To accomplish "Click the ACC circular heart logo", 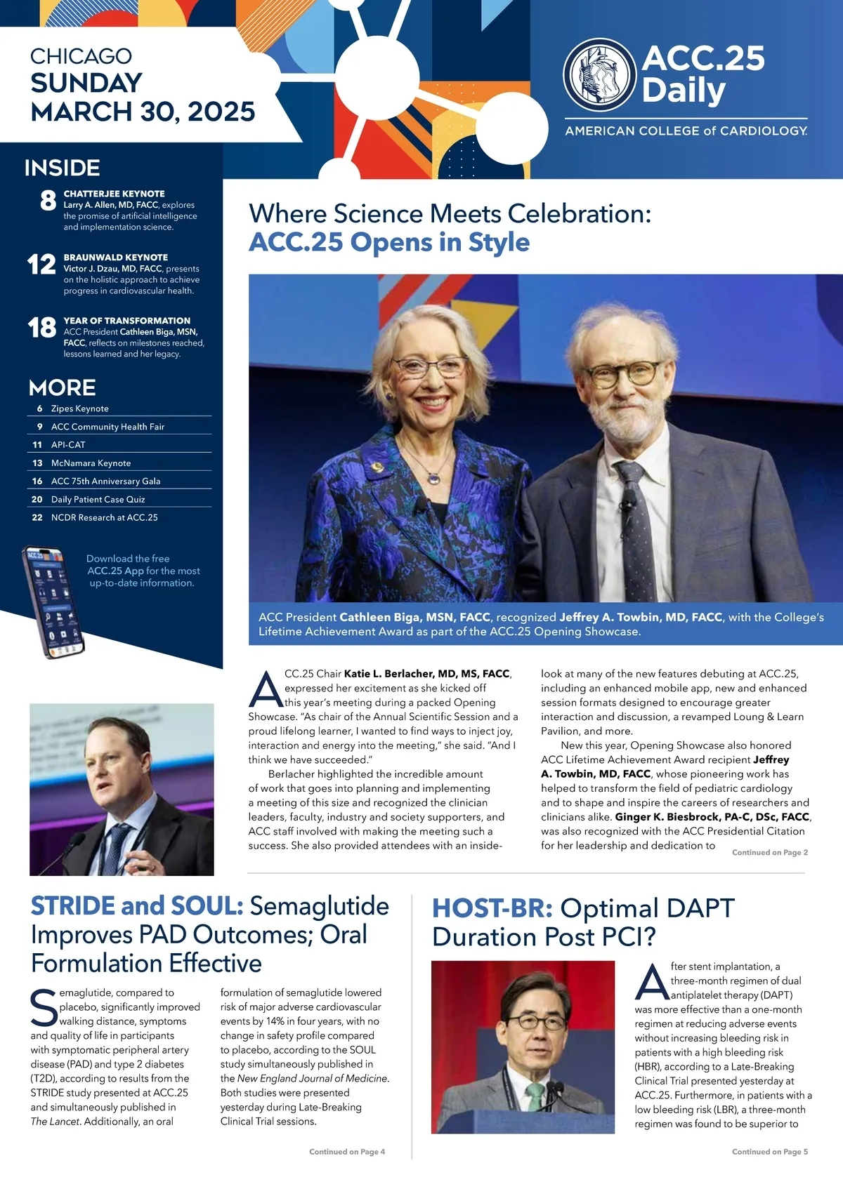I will coord(601,75).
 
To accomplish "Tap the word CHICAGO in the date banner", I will coord(81,56).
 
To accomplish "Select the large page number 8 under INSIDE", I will coord(48,201).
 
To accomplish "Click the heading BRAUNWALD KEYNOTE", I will coord(115,258).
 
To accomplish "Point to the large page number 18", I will coord(41,328).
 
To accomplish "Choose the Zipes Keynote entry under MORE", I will coord(79,408).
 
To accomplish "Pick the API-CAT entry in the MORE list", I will coord(68,445).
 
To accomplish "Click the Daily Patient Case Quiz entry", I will coord(98,500).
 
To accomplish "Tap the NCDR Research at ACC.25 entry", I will coord(104,518).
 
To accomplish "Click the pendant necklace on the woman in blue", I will coord(433,478).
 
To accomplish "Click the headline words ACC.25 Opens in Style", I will coord(389,242).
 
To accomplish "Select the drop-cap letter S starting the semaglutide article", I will coord(44,1008).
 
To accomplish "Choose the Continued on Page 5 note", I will coord(769,1152).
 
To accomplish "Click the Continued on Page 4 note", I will coord(347,1152).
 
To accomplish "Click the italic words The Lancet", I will coord(56,1122).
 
